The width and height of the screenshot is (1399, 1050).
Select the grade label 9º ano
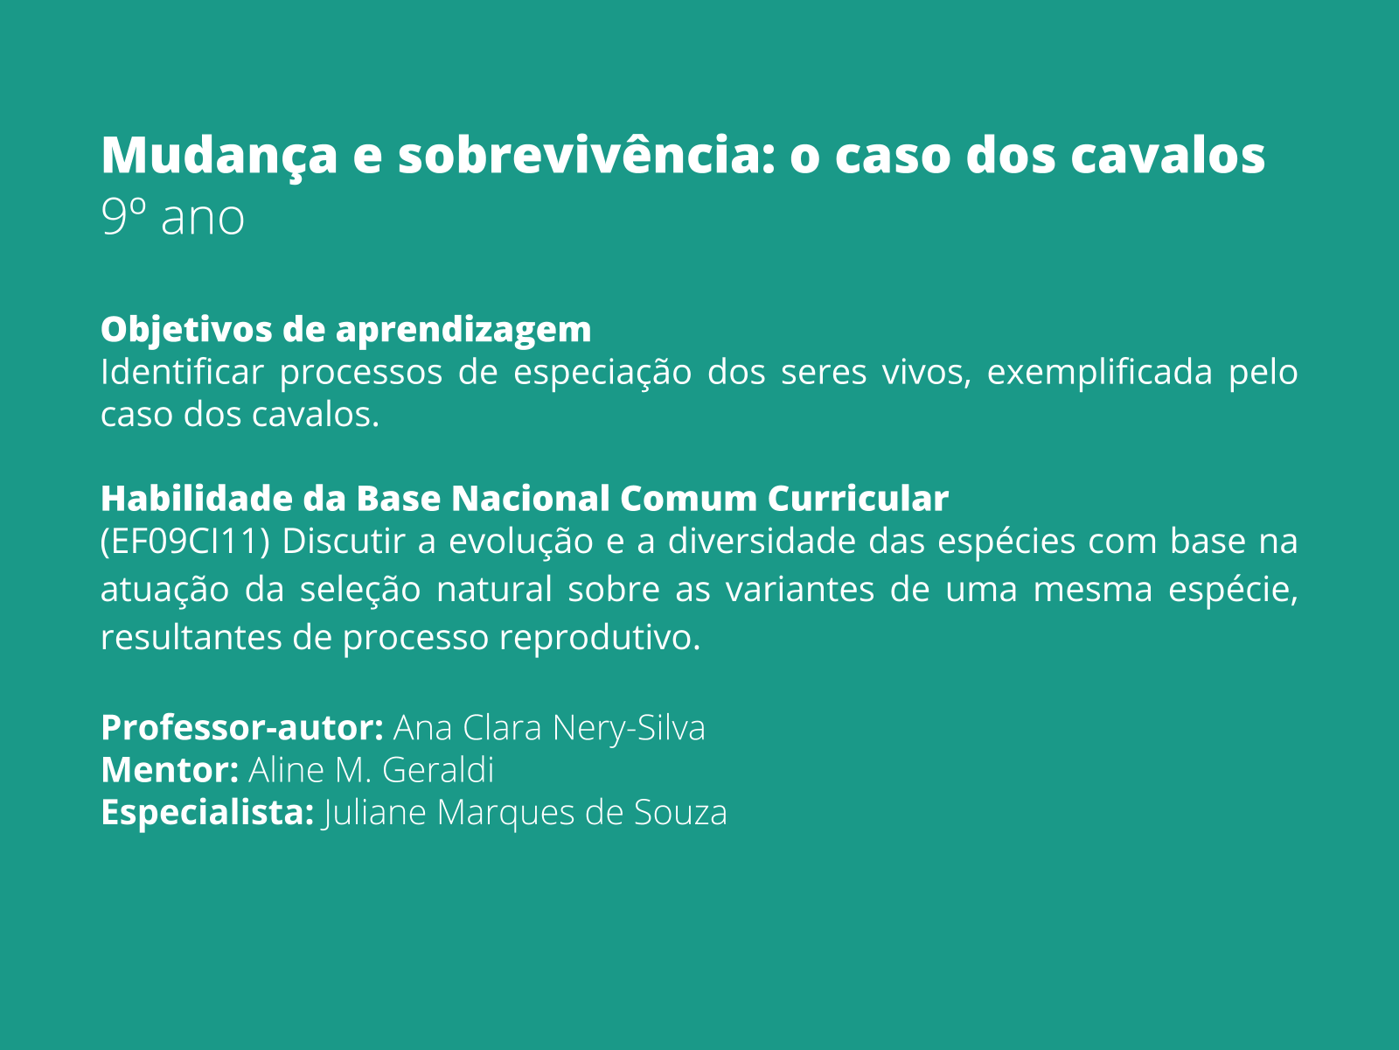pos(172,218)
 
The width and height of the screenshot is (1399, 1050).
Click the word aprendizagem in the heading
pos(463,330)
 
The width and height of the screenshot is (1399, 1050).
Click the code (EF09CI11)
pos(184,542)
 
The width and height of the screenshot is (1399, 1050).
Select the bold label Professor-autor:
pos(242,728)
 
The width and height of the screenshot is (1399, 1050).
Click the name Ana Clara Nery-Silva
pos(549,728)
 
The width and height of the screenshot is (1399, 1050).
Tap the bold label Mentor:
pos(170,770)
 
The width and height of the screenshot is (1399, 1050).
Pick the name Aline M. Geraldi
pos(372,770)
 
